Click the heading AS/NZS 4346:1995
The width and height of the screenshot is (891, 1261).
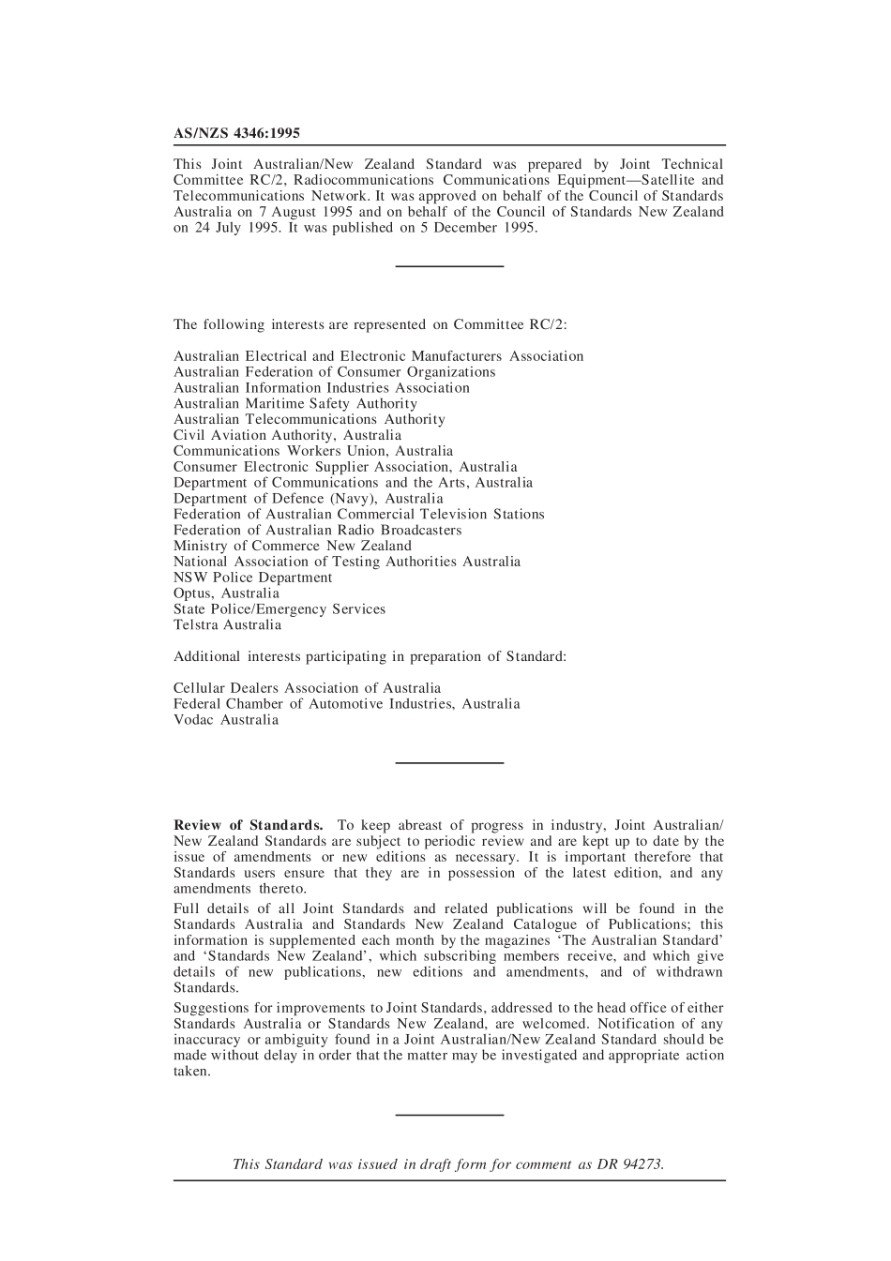[236, 134]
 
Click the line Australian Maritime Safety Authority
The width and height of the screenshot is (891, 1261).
[295, 404]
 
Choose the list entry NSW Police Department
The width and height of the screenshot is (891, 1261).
[252, 578]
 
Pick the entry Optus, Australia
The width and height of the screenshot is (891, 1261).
[226, 593]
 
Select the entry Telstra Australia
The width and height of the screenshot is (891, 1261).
[227, 625]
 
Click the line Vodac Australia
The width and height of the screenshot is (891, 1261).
[226, 720]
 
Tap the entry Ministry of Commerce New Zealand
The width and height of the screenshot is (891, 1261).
[292, 546]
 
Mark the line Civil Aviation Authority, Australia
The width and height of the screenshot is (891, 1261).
[287, 435]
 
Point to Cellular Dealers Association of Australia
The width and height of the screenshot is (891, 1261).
[307, 688]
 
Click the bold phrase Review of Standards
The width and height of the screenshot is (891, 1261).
[249, 826]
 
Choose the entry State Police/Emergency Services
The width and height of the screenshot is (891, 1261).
[279, 609]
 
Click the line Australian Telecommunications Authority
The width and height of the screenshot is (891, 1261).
[310, 420]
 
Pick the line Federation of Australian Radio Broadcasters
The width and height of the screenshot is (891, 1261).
[317, 531]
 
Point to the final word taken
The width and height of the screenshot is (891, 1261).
[191, 1072]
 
